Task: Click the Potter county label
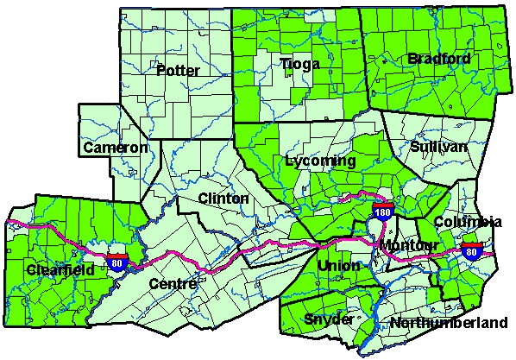pyautogui.click(x=178, y=70)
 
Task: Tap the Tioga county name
pyautogui.click(x=300, y=64)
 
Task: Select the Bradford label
pyautogui.click(x=439, y=59)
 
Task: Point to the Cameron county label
pyautogui.click(x=116, y=148)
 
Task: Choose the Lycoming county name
pyautogui.click(x=319, y=161)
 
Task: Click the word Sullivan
pyautogui.click(x=438, y=148)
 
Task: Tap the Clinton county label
pyautogui.click(x=223, y=199)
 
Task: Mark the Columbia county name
pyautogui.click(x=467, y=223)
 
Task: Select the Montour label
pyautogui.click(x=409, y=246)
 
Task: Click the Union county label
pyautogui.click(x=337, y=265)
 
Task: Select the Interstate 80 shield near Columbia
pyautogui.click(x=470, y=251)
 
